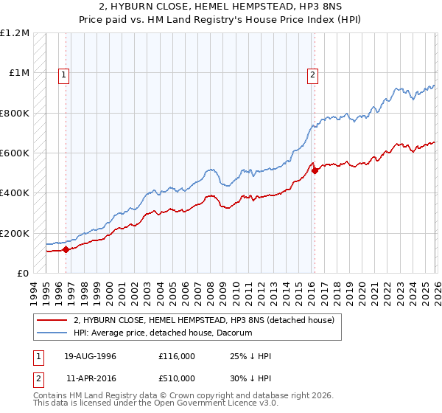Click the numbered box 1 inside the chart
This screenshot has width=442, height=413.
coord(65,74)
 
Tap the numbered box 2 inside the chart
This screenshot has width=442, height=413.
coord(313,74)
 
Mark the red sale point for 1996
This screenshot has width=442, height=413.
coord(66,249)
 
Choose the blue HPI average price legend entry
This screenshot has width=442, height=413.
coord(163,333)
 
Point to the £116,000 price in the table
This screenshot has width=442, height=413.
coord(176,356)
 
